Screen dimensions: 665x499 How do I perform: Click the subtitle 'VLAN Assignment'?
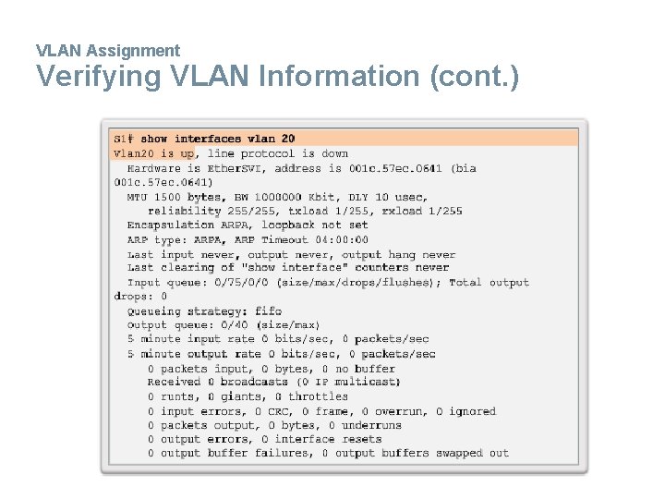(108, 51)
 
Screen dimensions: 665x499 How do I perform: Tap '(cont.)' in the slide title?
(474, 77)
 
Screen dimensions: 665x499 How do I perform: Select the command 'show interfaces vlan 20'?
(218, 139)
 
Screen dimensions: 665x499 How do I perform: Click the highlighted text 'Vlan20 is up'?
(154, 153)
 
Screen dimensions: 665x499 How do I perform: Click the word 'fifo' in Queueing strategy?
(268, 311)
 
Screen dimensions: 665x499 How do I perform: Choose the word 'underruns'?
(372, 425)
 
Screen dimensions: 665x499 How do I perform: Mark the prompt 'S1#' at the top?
(124, 139)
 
